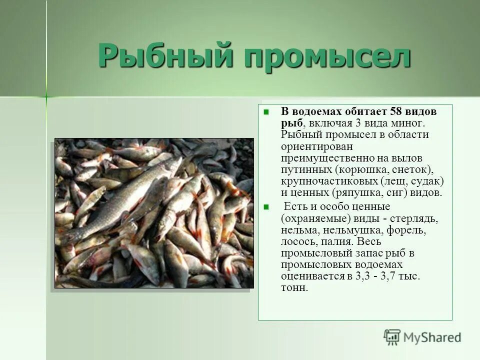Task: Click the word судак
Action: point(428,181)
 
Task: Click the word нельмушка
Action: point(354,230)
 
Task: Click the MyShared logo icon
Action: point(392,337)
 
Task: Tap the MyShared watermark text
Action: point(432,338)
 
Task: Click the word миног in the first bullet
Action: point(411,123)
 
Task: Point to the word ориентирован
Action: point(317,146)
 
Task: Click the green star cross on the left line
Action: point(46,96)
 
